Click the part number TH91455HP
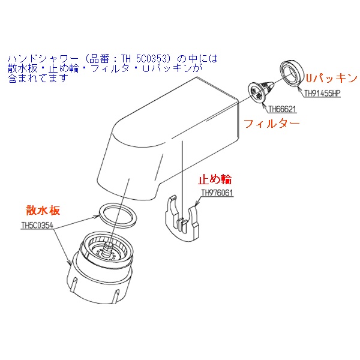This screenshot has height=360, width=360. click(x=322, y=94)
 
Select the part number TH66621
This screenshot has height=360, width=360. click(x=282, y=109)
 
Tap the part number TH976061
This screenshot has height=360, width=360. click(x=217, y=193)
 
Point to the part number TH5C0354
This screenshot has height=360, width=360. click(x=37, y=225)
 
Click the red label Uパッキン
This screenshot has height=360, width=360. click(x=332, y=78)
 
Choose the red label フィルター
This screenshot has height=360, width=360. click(x=272, y=124)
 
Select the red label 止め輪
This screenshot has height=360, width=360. click(x=215, y=179)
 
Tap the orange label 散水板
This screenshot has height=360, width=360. click(x=43, y=210)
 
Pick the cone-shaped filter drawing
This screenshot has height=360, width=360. click(x=260, y=90)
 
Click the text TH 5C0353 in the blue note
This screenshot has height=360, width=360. click(x=146, y=59)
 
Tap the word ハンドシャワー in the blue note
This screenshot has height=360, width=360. click(x=43, y=59)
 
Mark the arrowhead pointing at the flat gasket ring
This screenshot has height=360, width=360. click(x=97, y=217)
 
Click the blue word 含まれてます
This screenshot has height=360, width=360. click(x=38, y=79)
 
